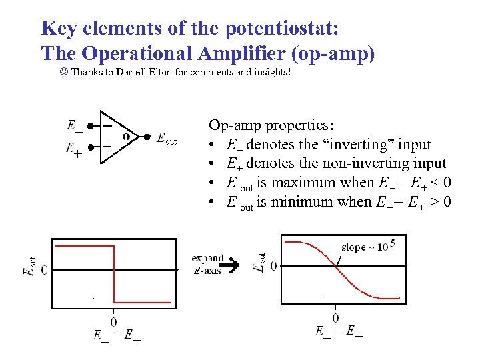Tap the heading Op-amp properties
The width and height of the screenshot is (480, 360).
tap(272, 125)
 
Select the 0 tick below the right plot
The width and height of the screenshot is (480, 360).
tap(335, 318)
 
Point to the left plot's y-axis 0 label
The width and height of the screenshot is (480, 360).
tap(44, 270)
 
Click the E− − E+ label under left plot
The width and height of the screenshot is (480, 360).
tap(117, 337)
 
